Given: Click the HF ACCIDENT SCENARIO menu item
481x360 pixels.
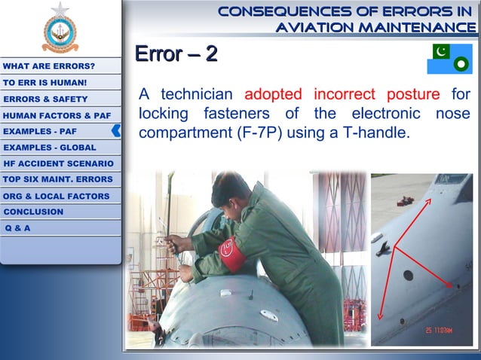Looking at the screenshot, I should (59, 163).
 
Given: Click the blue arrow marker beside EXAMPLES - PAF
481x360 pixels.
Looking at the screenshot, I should (116, 130).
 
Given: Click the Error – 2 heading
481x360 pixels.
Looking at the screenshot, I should (176, 54).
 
